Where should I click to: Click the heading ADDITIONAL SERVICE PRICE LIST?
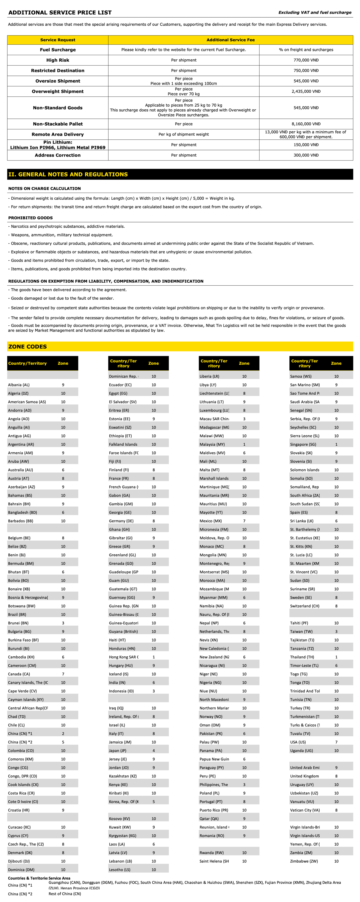[60, 13]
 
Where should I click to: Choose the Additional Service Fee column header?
[230, 40]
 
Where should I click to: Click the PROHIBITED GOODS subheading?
[30, 218]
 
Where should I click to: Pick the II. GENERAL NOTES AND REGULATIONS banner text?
[68, 174]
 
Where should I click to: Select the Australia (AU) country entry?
[20, 470]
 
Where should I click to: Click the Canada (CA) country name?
[19, 674]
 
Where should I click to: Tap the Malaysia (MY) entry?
[212, 444]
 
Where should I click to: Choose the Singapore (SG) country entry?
[303, 444]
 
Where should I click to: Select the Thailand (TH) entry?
[302, 657]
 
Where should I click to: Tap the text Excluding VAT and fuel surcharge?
[314, 13]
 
